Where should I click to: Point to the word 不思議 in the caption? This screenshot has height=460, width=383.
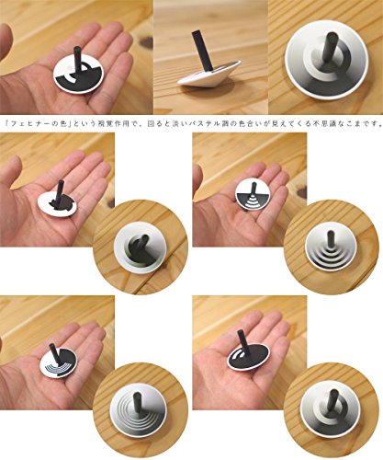(323, 124)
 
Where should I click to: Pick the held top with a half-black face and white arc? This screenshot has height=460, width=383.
(79, 75)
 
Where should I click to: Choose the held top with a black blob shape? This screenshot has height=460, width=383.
(58, 202)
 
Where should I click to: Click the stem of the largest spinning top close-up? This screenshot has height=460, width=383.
(332, 49)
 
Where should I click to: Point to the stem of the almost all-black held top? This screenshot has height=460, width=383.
(243, 343)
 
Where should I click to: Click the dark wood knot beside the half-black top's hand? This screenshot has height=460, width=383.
(147, 42)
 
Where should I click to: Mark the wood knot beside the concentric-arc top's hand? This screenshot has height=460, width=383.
(302, 193)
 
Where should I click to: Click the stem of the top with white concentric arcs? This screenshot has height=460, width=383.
(253, 190)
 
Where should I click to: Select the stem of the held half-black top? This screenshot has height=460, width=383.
(77, 59)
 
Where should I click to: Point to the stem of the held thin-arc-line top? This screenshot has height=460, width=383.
(55, 355)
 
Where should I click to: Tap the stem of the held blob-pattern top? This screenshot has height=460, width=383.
(61, 190)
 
